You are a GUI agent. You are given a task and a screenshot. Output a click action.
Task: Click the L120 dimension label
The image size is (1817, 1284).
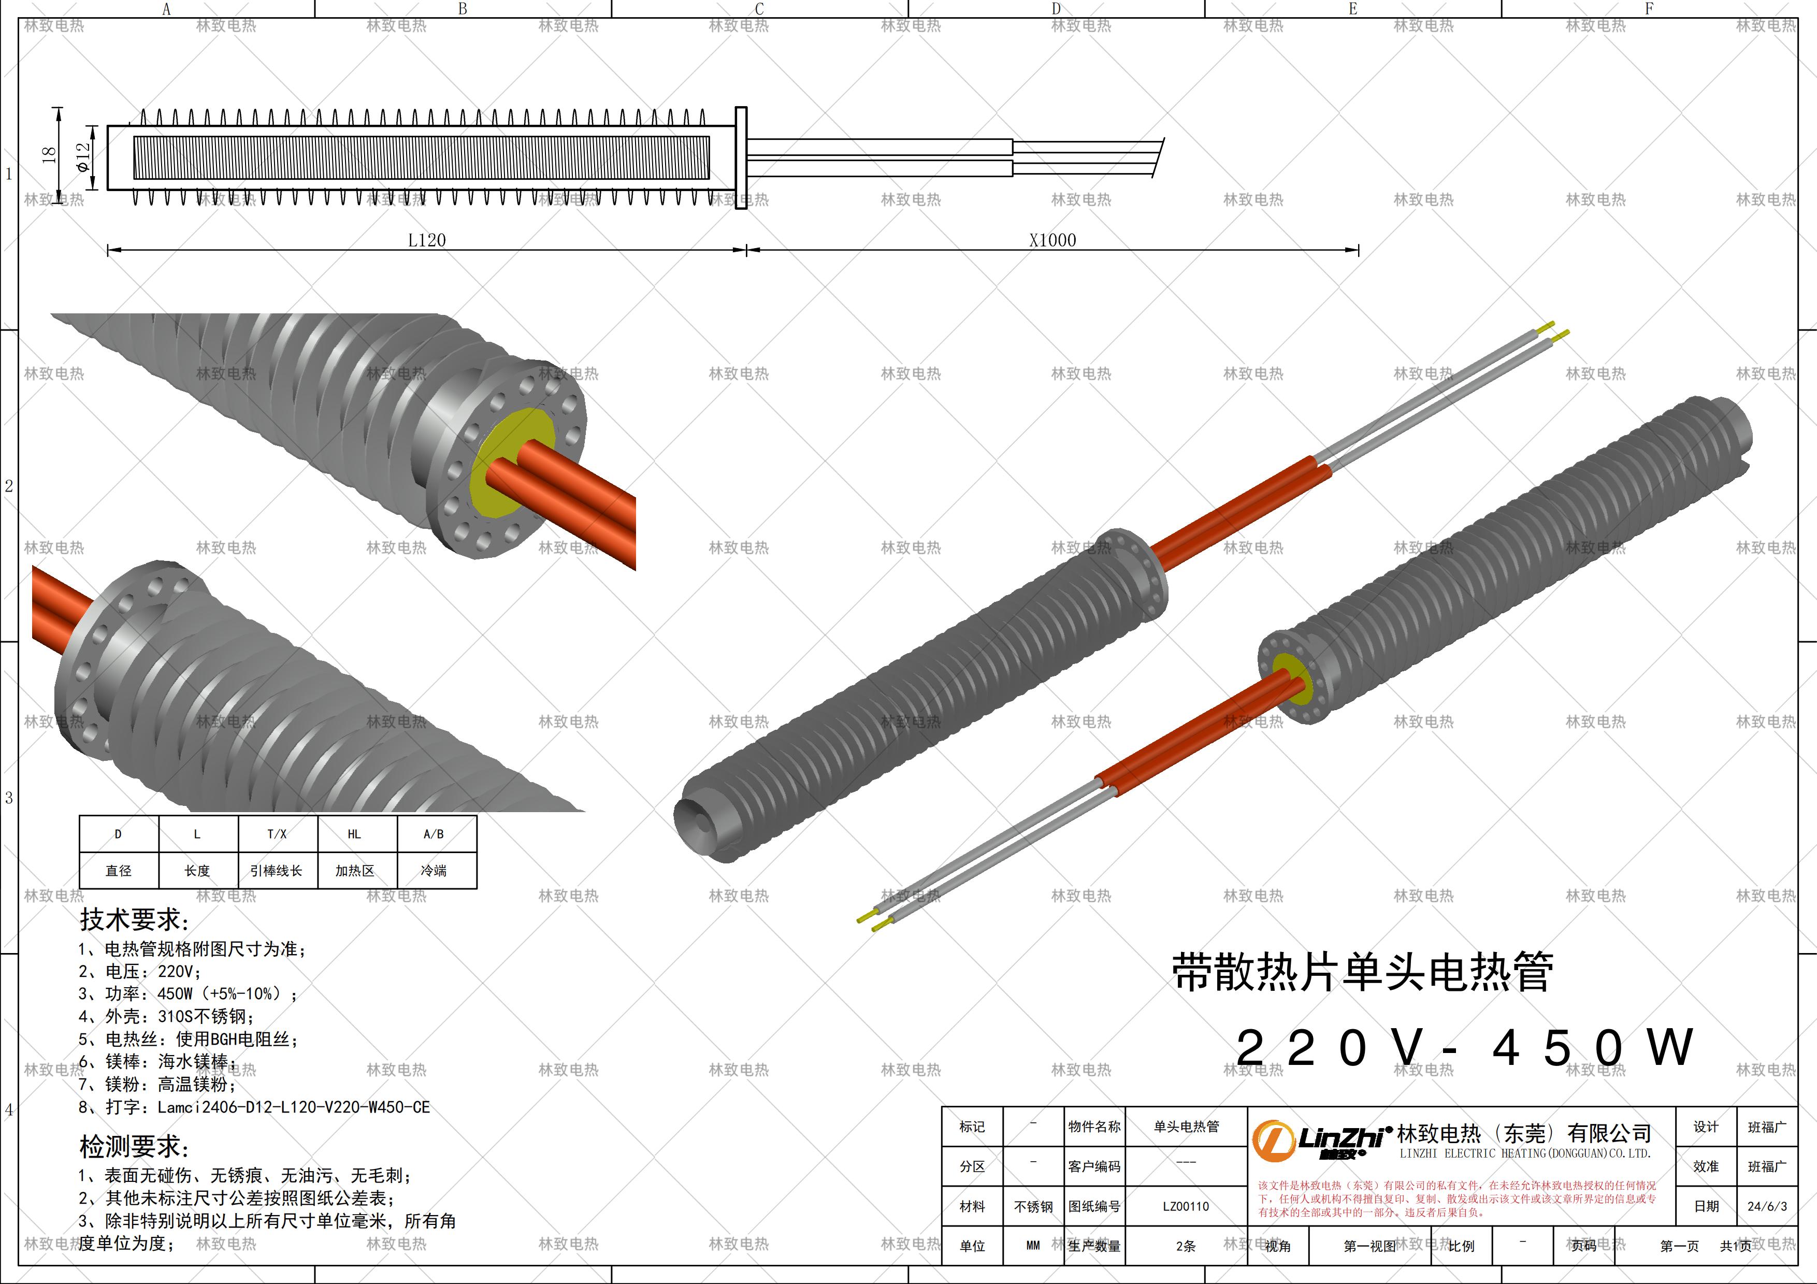(x=427, y=240)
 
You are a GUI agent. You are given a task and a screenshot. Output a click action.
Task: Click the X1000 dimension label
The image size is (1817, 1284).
(x=1052, y=240)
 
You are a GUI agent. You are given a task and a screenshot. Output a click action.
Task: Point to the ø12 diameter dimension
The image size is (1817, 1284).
(x=83, y=157)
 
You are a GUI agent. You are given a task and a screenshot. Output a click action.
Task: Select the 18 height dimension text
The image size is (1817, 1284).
(x=49, y=154)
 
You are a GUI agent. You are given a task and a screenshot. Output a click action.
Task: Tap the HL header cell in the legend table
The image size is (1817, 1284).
(x=354, y=834)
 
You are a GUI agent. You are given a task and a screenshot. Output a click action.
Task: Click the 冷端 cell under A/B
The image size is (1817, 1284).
(x=434, y=870)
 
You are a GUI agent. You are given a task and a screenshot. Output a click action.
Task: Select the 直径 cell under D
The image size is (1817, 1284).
(x=119, y=870)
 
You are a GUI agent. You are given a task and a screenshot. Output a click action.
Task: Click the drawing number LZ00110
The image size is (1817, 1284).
(x=1186, y=1206)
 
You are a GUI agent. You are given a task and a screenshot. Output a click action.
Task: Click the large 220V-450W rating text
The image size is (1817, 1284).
(x=1464, y=1048)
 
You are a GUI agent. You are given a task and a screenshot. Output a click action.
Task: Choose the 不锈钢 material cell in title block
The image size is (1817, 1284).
(x=1033, y=1206)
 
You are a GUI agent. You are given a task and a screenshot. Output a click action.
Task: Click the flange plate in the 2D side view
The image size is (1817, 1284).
(x=741, y=157)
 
